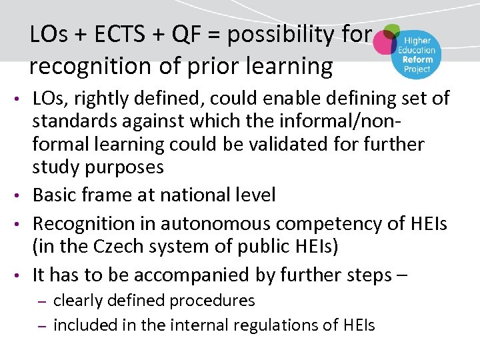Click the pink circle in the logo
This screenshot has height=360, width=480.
pos(385,42)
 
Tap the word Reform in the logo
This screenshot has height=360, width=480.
pos(417,59)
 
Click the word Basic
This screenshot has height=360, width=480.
pos(54,195)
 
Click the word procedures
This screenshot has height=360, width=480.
pos(214,301)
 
